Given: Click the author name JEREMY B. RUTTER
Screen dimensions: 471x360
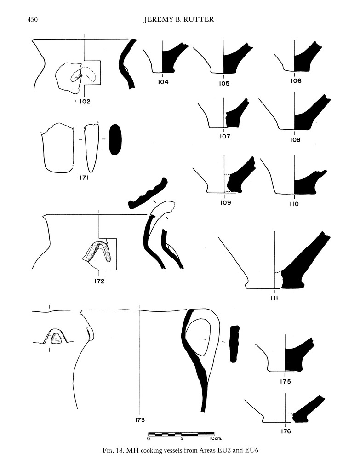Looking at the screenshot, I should point(180,20).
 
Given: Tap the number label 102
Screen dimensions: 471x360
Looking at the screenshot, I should point(84,102).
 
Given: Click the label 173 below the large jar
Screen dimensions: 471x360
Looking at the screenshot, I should point(140,419).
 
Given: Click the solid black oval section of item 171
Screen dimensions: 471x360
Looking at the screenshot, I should point(115,139).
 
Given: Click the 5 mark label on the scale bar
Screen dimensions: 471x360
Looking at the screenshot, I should point(183,439).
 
